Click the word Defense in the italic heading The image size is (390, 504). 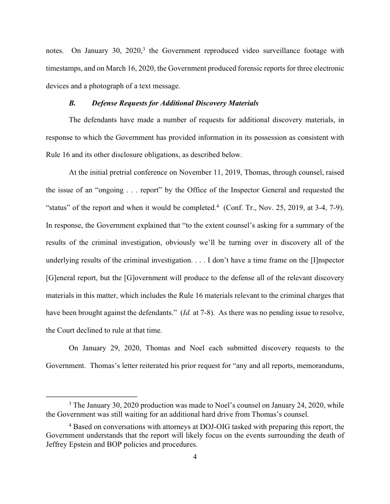106,103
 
